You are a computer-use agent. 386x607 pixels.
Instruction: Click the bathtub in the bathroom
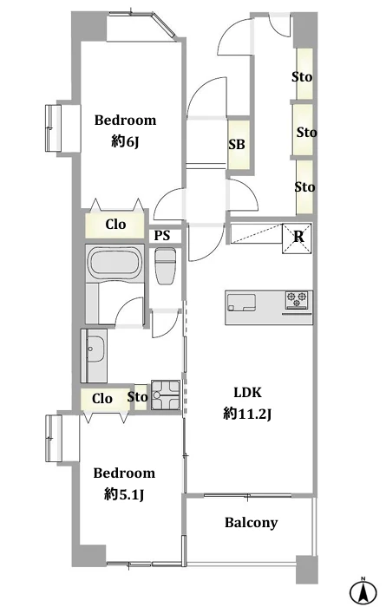point(115,264)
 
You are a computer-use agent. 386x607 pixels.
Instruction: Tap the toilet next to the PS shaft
point(166,266)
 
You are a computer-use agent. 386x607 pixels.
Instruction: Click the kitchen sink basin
point(242,303)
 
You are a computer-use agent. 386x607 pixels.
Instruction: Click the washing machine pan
point(166,395)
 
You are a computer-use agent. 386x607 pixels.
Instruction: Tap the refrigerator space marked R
point(298,238)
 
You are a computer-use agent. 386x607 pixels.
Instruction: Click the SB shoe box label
point(237,145)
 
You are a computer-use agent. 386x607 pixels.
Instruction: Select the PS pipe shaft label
point(162,235)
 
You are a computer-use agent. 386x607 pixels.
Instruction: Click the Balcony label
point(252,523)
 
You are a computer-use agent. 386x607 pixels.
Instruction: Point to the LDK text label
point(248,393)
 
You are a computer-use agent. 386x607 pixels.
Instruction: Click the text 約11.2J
point(247,414)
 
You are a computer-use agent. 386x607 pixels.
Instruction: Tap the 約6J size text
point(125,142)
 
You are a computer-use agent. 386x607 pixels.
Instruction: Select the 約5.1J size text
point(124,495)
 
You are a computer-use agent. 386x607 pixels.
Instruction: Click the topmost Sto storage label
point(302,77)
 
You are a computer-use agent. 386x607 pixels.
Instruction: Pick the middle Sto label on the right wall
point(307,133)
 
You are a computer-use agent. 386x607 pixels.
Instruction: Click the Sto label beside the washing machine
point(137,397)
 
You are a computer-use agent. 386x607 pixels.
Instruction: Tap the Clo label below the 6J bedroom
point(115,224)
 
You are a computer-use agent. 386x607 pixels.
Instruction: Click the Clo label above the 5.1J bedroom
point(102,398)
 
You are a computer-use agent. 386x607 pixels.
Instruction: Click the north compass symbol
point(363,591)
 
